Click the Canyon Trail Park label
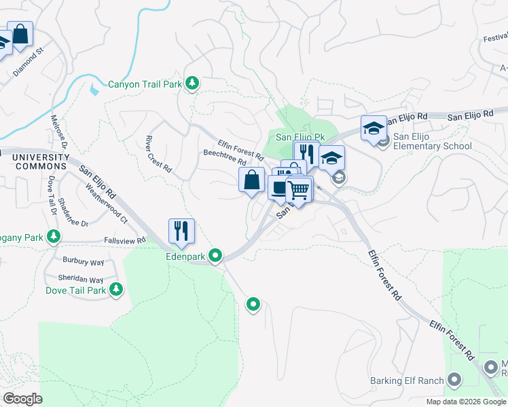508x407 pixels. click(x=145, y=85)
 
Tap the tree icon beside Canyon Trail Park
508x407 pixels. click(x=192, y=83)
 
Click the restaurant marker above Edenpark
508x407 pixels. click(x=181, y=231)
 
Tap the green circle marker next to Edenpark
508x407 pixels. click(x=216, y=256)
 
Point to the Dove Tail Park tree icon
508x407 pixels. click(x=116, y=290)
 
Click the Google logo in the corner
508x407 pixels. click(x=22, y=399)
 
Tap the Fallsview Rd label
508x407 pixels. click(x=125, y=240)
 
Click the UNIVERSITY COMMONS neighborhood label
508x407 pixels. click(x=41, y=161)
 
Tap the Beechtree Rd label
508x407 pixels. click(x=224, y=157)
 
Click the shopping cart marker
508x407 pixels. click(x=298, y=190)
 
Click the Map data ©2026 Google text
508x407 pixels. click(x=466, y=402)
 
